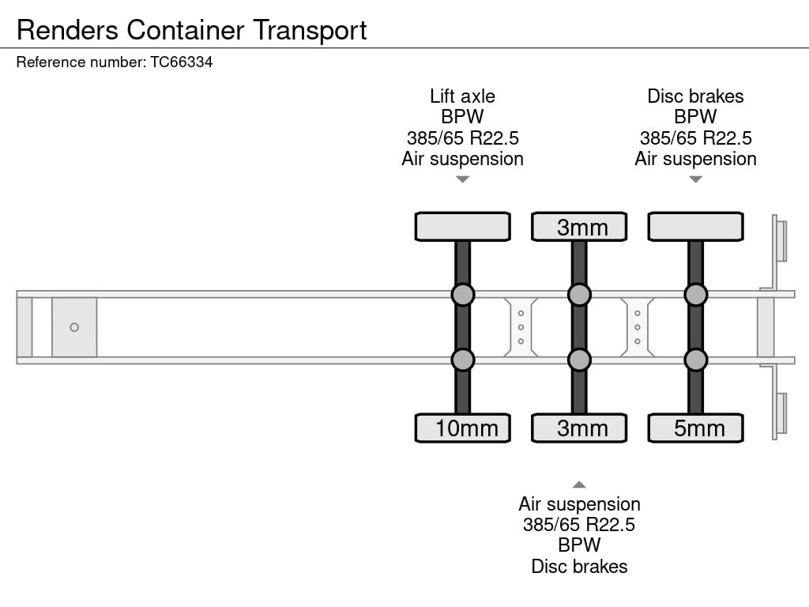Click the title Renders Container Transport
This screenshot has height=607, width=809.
pos(192,30)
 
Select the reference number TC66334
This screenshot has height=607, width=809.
pos(181,62)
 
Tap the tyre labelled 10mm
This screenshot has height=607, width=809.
pos(463,428)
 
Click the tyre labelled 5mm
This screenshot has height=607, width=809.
pos(695,428)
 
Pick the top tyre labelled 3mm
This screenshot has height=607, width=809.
pos(579,227)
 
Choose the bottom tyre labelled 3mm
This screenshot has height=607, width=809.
pos(579,428)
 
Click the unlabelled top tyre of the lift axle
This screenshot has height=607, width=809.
pos(463,227)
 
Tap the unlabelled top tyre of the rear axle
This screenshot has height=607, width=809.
pos(695,227)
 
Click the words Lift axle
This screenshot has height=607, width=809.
pos(462,96)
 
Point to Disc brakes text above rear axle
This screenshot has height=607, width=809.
pos(695,96)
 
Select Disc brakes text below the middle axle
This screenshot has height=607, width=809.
pos(579,566)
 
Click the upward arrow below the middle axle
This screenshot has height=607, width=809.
pos(579,484)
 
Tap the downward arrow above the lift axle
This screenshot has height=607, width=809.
pos(463,179)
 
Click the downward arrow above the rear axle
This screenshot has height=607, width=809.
pos(695,179)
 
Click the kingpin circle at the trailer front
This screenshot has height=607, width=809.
pos(74,327)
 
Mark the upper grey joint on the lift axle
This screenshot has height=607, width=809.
pos(463,295)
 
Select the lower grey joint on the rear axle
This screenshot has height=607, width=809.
pos(695,360)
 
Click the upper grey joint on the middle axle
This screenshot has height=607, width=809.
pos(579,295)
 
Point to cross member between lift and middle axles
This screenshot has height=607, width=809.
pos(521,327)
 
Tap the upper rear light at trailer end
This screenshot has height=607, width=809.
pos(781,240)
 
